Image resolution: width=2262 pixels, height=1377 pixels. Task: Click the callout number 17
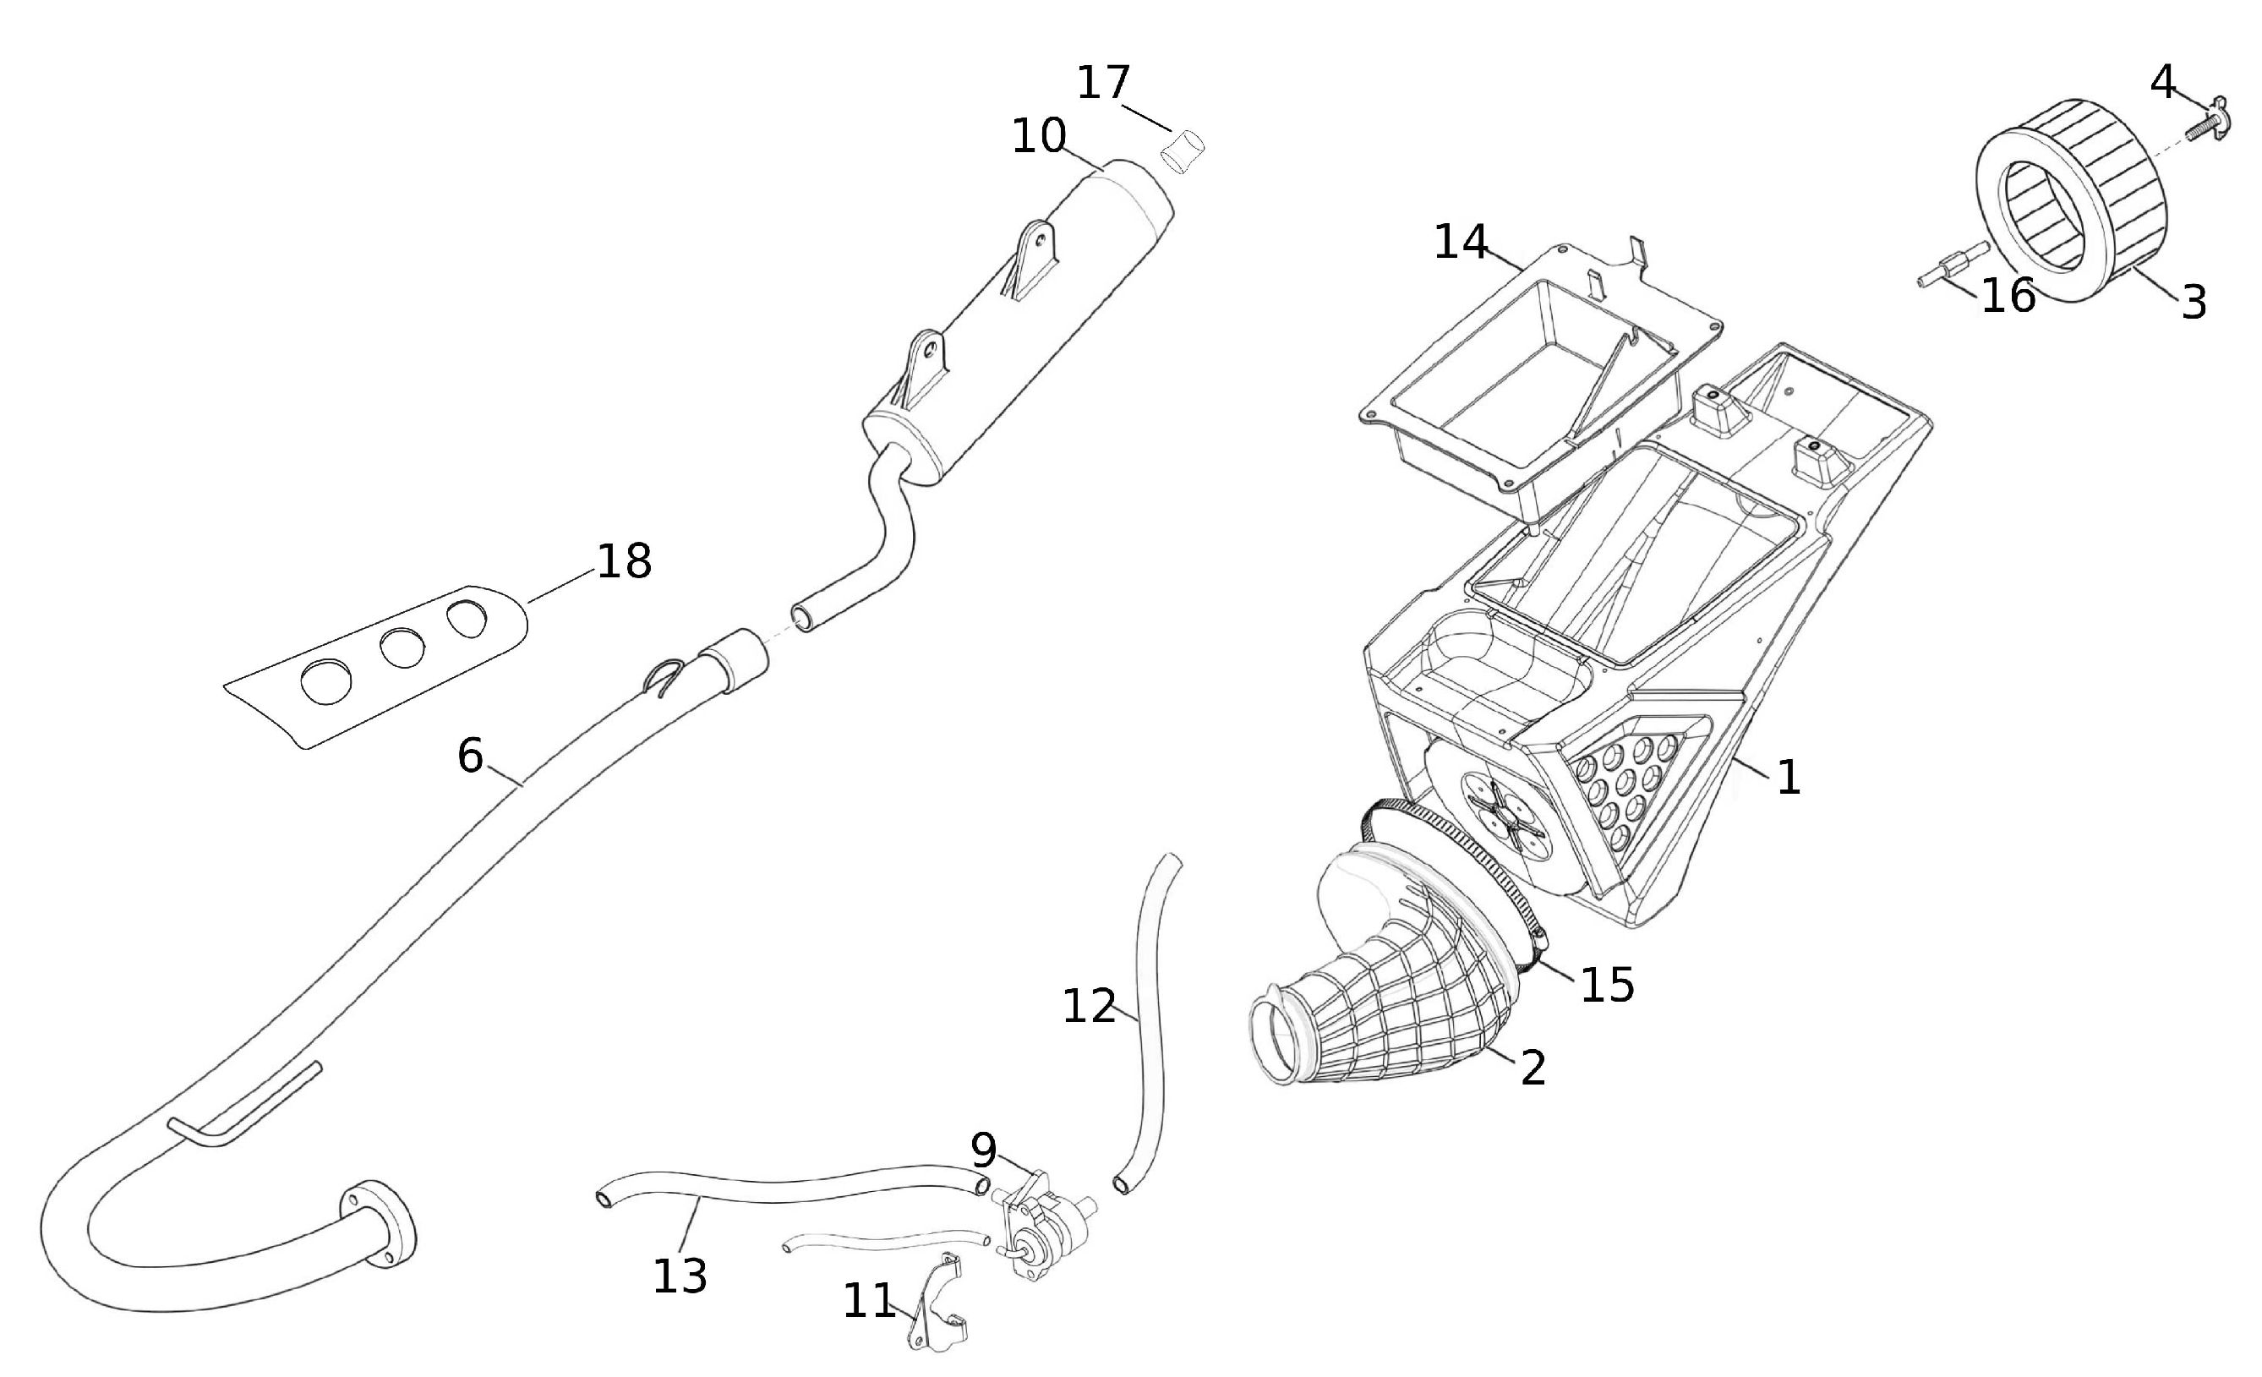(1102, 84)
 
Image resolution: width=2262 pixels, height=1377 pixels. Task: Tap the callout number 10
(1038, 137)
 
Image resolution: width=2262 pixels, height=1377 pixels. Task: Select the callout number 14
(1461, 243)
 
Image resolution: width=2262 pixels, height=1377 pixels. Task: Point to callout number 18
(625, 561)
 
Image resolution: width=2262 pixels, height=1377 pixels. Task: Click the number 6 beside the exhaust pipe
(470, 757)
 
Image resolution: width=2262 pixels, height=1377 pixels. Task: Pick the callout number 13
(680, 1276)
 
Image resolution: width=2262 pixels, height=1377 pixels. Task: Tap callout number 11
(868, 1301)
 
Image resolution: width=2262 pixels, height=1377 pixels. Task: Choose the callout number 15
(1607, 985)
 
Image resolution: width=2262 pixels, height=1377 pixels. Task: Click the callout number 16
(2008, 297)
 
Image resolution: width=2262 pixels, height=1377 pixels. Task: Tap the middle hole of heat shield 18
(402, 649)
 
